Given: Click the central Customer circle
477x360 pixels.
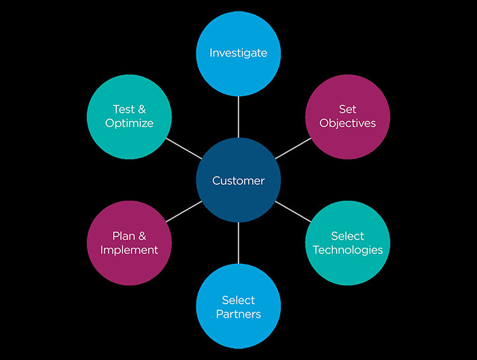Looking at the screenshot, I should (238, 180).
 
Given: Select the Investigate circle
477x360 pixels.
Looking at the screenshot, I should (238, 53).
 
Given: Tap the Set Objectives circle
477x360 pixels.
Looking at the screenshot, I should (347, 116).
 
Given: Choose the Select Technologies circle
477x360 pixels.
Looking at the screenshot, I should (347, 243).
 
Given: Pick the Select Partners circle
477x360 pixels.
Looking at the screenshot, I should (238, 306).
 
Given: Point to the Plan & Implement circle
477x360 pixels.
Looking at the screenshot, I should (130, 243).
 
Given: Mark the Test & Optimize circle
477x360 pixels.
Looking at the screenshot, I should (130, 116).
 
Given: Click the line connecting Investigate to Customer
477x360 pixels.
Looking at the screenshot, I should (238, 116).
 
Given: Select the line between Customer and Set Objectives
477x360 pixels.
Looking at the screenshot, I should (293, 148).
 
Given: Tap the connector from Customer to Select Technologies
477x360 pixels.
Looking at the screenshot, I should (293, 212).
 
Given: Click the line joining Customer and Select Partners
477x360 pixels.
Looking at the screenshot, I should (238, 243).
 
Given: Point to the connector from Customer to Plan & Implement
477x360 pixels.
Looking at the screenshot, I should (183, 212).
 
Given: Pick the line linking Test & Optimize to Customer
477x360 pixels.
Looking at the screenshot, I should (183, 148).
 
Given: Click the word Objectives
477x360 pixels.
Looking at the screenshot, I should (347, 123).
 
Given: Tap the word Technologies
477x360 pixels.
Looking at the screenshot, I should (347, 250).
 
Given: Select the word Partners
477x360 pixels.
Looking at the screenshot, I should (238, 314).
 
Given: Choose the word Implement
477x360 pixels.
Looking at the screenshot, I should (130, 250).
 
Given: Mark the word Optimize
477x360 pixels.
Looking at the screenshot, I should (130, 123).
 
